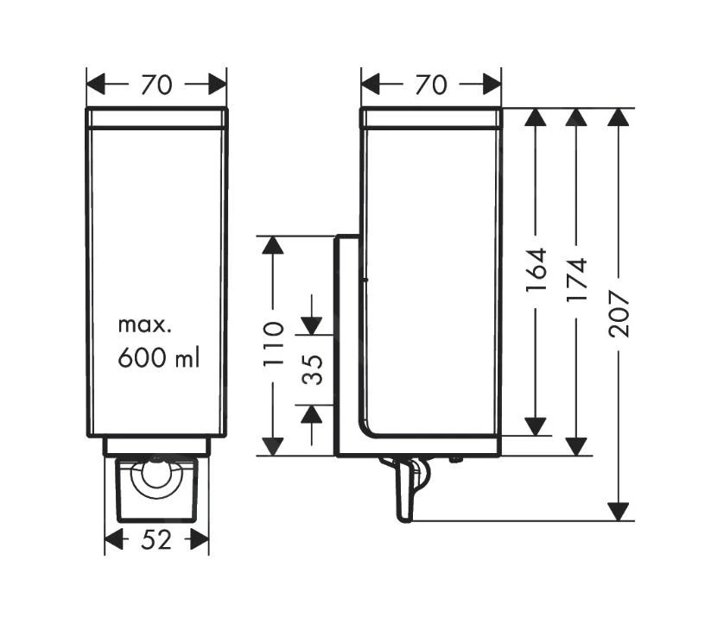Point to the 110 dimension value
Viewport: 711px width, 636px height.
[x=273, y=343]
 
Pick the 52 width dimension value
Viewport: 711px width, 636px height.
[x=156, y=540]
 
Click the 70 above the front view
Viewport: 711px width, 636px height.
[x=156, y=85]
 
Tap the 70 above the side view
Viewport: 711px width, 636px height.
[x=429, y=85]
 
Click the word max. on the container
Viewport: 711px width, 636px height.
[x=146, y=325]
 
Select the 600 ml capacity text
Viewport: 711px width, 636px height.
[x=158, y=357]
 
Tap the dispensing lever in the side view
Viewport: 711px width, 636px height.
[x=405, y=489]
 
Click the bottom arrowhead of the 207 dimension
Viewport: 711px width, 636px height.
[x=619, y=511]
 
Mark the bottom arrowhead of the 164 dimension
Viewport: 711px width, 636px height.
[x=536, y=425]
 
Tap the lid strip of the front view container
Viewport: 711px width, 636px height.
[x=156, y=118]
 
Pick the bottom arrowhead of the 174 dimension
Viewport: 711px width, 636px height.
[x=576, y=445]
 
